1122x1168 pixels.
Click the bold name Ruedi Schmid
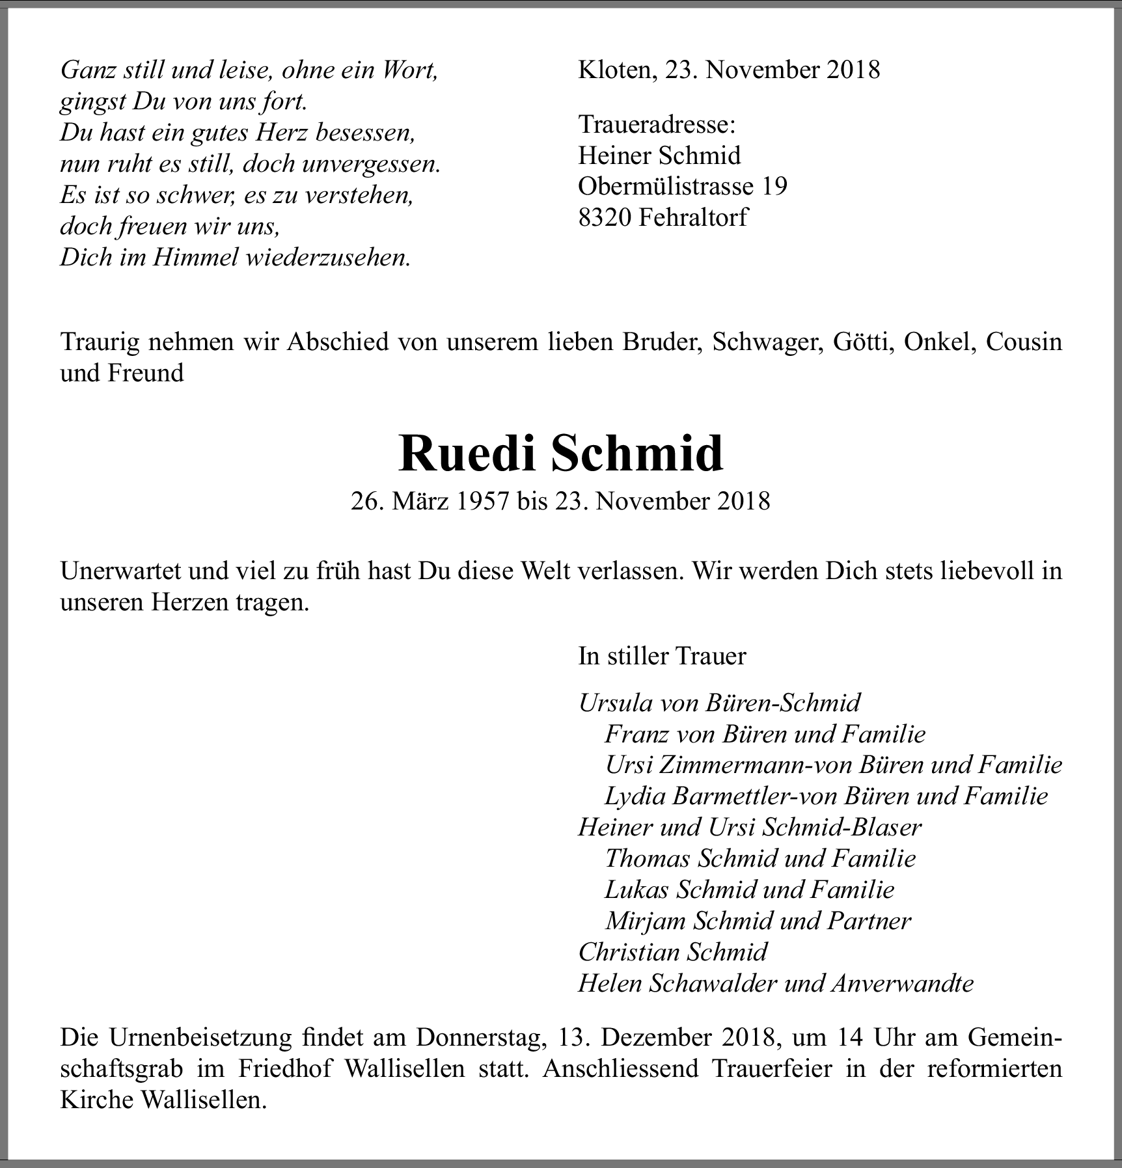560,454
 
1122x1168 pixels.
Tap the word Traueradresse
657,124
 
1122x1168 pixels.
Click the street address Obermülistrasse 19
682,186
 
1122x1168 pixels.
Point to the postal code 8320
605,217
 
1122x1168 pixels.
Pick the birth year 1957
482,501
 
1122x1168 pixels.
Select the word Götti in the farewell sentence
858,342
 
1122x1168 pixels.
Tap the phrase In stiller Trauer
662,656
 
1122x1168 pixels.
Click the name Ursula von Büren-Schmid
719,703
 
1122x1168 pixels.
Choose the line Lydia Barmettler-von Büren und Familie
826,796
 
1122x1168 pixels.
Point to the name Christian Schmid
673,952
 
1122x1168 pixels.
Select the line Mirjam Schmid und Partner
758,921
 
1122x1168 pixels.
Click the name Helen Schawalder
677,983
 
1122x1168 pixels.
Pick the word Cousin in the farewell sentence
1024,342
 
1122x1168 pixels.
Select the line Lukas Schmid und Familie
749,890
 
